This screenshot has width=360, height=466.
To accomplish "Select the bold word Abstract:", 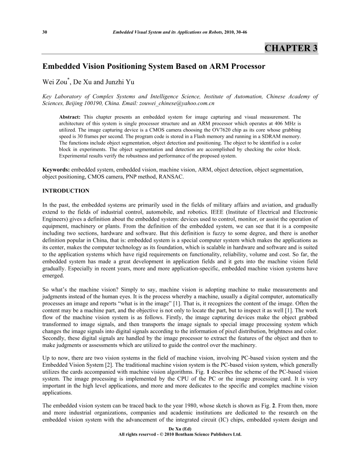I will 71,116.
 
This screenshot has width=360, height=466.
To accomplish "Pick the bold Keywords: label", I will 56,170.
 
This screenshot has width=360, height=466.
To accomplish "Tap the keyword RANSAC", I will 167,177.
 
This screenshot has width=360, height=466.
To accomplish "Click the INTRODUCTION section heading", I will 66,191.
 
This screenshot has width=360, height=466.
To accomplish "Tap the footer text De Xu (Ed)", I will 180,428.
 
